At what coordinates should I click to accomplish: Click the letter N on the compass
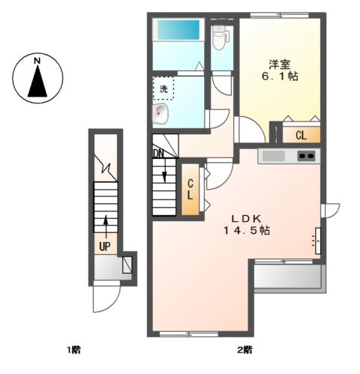pyautogui.click(x=37, y=61)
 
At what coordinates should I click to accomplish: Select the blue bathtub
pyautogui.click(x=178, y=29)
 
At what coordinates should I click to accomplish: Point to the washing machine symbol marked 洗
pyautogui.click(x=163, y=88)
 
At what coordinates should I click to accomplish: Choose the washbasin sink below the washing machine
pyautogui.click(x=160, y=114)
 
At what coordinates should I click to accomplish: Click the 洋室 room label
pyautogui.click(x=280, y=64)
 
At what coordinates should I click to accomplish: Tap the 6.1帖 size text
pyautogui.click(x=280, y=76)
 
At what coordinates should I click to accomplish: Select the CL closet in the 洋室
pyautogui.click(x=301, y=135)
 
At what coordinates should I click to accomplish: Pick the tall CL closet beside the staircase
pyautogui.click(x=190, y=189)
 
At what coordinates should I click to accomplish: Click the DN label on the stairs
pyautogui.click(x=158, y=154)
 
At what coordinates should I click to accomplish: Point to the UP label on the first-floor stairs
pyautogui.click(x=105, y=247)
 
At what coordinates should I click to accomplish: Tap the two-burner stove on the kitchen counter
pyautogui.click(x=306, y=156)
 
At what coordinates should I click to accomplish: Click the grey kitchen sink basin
pyautogui.click(x=274, y=156)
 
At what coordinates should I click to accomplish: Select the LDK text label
pyautogui.click(x=246, y=219)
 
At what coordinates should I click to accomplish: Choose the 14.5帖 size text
pyautogui.click(x=246, y=230)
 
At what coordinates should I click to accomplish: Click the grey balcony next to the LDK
pyautogui.click(x=290, y=277)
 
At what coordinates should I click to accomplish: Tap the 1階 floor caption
pyautogui.click(x=73, y=350)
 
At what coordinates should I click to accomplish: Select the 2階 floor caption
pyautogui.click(x=244, y=350)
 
